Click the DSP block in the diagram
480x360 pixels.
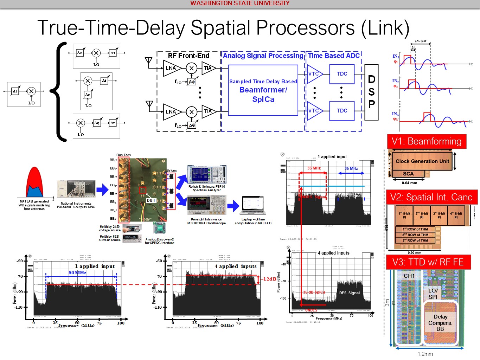pos(371,92)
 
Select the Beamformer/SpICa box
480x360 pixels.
pos(263,90)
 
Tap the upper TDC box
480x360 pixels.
pos(342,74)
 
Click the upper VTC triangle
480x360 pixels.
pos(314,74)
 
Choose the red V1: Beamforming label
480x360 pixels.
pos(427,141)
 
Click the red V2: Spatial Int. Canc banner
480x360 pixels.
pos(431,197)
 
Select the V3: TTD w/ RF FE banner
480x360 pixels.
pos(428,262)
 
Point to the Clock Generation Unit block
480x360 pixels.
pos(422,161)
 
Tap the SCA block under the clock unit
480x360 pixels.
pos(408,174)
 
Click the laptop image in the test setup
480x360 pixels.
pos(253,205)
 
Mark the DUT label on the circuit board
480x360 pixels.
pos(151,200)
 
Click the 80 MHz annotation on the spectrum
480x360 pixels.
pos(77,272)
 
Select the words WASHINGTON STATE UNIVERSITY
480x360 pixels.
pos(240,3)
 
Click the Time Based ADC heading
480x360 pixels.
pos(334,56)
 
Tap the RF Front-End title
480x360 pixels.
pos(188,56)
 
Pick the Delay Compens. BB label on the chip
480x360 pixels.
pos(440,323)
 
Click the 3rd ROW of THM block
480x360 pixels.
pos(415,240)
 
